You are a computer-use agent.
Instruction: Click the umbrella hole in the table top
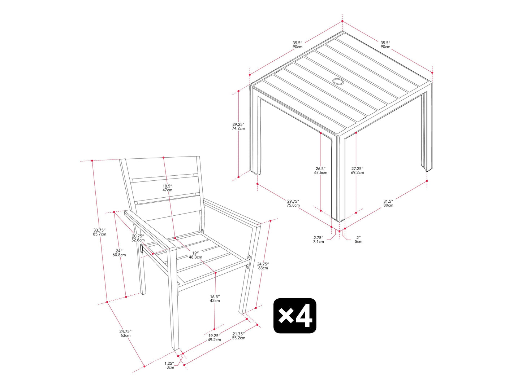pyautogui.click(x=338, y=82)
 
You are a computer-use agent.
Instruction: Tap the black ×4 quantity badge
pyautogui.click(x=295, y=316)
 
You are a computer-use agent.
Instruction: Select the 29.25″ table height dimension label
pyautogui.click(x=238, y=126)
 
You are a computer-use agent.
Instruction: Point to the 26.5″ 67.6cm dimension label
pyautogui.click(x=320, y=171)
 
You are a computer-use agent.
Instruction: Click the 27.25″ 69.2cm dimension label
pyautogui.click(x=357, y=171)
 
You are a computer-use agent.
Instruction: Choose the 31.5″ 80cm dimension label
pyautogui.click(x=388, y=203)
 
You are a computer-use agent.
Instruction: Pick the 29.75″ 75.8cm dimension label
pyautogui.click(x=293, y=203)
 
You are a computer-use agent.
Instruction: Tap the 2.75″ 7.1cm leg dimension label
pyautogui.click(x=318, y=240)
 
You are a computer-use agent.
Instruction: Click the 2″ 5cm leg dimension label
pyautogui.click(x=359, y=240)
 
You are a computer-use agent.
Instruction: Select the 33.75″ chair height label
pyautogui.click(x=99, y=232)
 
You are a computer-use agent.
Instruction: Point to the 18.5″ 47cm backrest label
pyautogui.click(x=167, y=188)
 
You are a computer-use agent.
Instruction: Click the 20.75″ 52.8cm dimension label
pyautogui.click(x=138, y=238)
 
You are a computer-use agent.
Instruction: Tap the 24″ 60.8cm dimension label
pyautogui.click(x=119, y=253)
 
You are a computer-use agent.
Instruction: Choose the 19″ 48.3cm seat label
pyautogui.click(x=195, y=255)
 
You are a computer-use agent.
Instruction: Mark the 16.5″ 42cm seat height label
pyautogui.click(x=215, y=298)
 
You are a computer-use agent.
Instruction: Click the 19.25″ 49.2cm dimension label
pyautogui.click(x=214, y=338)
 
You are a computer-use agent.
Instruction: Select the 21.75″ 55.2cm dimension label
pyautogui.click(x=239, y=336)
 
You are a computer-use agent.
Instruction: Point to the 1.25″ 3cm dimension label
pyautogui.click(x=169, y=365)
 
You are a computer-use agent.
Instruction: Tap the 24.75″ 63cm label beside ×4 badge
pyautogui.click(x=263, y=265)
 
